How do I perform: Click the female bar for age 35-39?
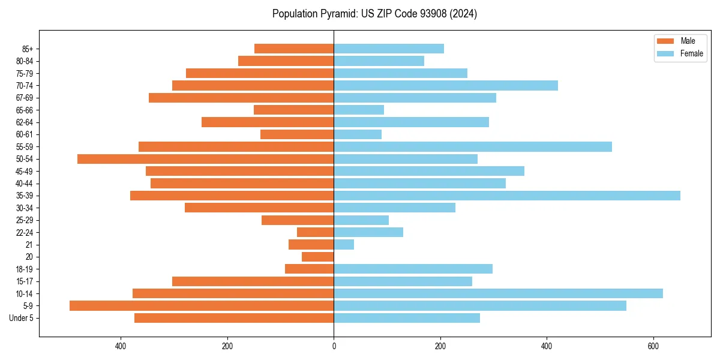[x=507, y=196]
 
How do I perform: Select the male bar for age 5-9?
[x=202, y=306]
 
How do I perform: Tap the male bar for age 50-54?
[x=205, y=159]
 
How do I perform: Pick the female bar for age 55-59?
[x=473, y=147]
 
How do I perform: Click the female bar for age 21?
[x=344, y=245]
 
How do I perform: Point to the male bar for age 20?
[x=318, y=257]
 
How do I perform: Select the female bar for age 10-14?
[x=498, y=293]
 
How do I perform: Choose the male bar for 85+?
[x=294, y=49]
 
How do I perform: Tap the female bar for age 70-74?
[x=446, y=86]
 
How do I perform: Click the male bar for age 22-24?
[x=316, y=232]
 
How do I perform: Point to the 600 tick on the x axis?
[x=653, y=346]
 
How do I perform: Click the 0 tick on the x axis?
[x=334, y=346]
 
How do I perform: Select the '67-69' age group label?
[x=25, y=98]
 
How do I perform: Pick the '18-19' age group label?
[x=25, y=269]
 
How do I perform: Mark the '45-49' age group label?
[x=25, y=172]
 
